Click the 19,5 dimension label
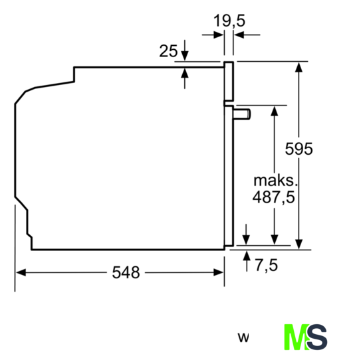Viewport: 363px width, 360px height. coord(229,21)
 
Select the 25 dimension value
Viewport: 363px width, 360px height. coord(168,51)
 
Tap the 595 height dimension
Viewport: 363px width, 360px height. coord(299,148)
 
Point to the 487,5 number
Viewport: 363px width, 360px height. coord(273,197)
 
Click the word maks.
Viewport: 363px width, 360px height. coord(275,181)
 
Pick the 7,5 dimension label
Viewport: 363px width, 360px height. coord(266,265)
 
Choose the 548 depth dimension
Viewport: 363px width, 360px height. coord(126,272)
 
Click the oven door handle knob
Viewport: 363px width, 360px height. coord(242,114)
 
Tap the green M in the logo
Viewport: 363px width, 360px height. coord(297,337)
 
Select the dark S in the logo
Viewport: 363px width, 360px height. coord(317,337)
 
